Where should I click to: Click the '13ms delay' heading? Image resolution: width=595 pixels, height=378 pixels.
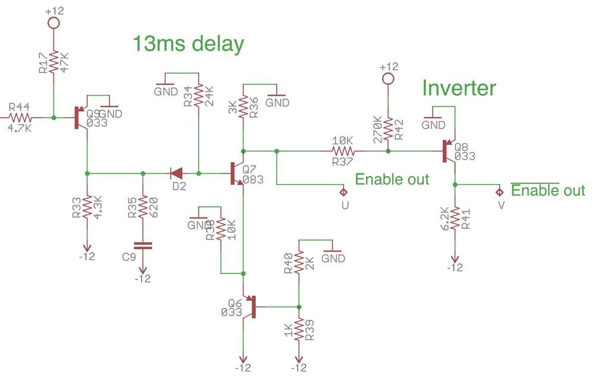pos(188,45)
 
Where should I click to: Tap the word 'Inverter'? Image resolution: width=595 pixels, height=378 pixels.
pos(459,89)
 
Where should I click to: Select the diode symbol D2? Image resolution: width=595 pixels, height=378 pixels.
pos(177,174)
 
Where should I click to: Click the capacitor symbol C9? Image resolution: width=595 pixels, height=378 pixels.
pos(142,244)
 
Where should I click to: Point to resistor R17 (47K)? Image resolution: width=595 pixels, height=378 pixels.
pos(53,62)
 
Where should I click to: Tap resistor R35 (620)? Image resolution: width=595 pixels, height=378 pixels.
pos(142,206)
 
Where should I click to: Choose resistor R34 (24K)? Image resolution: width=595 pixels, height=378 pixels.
pos(199,95)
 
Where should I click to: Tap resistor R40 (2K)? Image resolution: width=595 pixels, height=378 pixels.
pos(299,263)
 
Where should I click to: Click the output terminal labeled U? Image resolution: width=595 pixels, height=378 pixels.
pos(343,191)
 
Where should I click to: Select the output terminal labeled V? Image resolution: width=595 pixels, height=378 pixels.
pos(499,191)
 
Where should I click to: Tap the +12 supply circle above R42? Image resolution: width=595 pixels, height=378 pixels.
pos(388,78)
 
